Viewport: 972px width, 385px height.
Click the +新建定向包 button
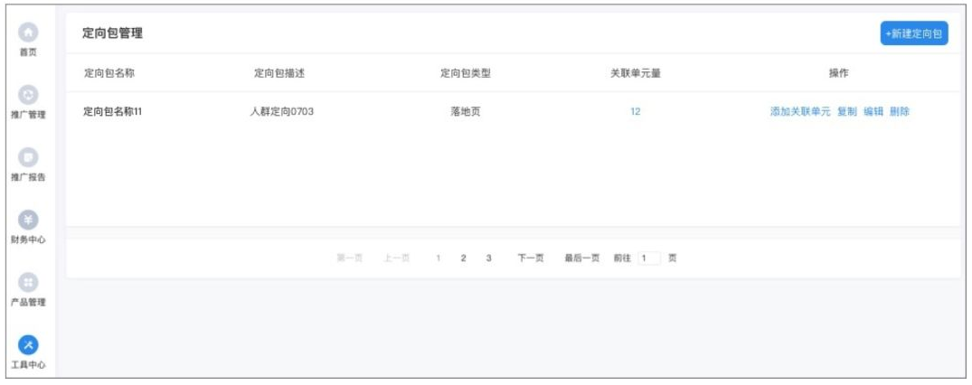[x=914, y=33]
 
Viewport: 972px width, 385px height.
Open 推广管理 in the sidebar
[x=29, y=95]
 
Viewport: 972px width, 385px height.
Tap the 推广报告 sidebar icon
[x=29, y=157]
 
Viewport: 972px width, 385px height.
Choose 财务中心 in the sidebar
[x=29, y=220]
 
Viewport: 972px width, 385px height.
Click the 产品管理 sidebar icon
[x=29, y=282]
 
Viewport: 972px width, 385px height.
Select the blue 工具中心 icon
[x=29, y=344]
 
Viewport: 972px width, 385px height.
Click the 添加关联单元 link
[x=800, y=112]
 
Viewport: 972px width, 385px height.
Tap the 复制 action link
[x=847, y=112]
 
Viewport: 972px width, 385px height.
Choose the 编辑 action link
[x=873, y=112]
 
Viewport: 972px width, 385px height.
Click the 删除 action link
[x=900, y=112]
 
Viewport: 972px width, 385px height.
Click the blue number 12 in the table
[x=636, y=112]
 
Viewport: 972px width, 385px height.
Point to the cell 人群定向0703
[x=282, y=112]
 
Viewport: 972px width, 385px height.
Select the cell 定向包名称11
[x=113, y=112]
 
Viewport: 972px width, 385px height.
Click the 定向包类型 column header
[x=465, y=73]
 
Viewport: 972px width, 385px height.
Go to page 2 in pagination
[x=463, y=258]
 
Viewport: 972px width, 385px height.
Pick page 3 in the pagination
[x=488, y=258]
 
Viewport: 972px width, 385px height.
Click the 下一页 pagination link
[x=530, y=258]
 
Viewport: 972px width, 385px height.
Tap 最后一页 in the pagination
[x=582, y=258]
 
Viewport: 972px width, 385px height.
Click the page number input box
[x=648, y=258]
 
